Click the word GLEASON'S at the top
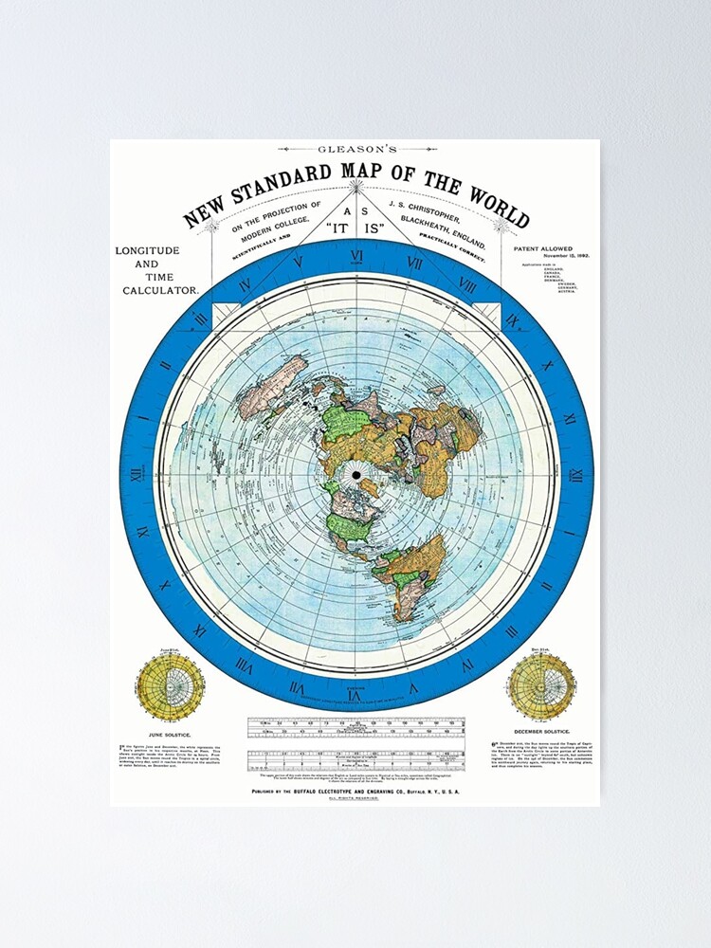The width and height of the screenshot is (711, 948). pyautogui.click(x=357, y=149)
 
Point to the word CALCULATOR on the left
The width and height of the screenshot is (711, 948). pyautogui.click(x=159, y=290)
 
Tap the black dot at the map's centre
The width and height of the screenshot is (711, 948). pyautogui.click(x=356, y=474)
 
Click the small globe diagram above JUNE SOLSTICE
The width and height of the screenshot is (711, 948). pyautogui.click(x=170, y=684)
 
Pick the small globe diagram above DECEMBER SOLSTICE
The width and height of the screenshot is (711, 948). pyautogui.click(x=540, y=684)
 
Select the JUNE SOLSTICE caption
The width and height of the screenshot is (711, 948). pyautogui.click(x=170, y=734)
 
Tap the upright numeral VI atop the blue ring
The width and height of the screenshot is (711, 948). pyautogui.click(x=356, y=256)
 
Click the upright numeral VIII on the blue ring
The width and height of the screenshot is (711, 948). pyautogui.click(x=466, y=283)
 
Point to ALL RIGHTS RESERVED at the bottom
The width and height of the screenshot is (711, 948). pyautogui.click(x=355, y=799)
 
